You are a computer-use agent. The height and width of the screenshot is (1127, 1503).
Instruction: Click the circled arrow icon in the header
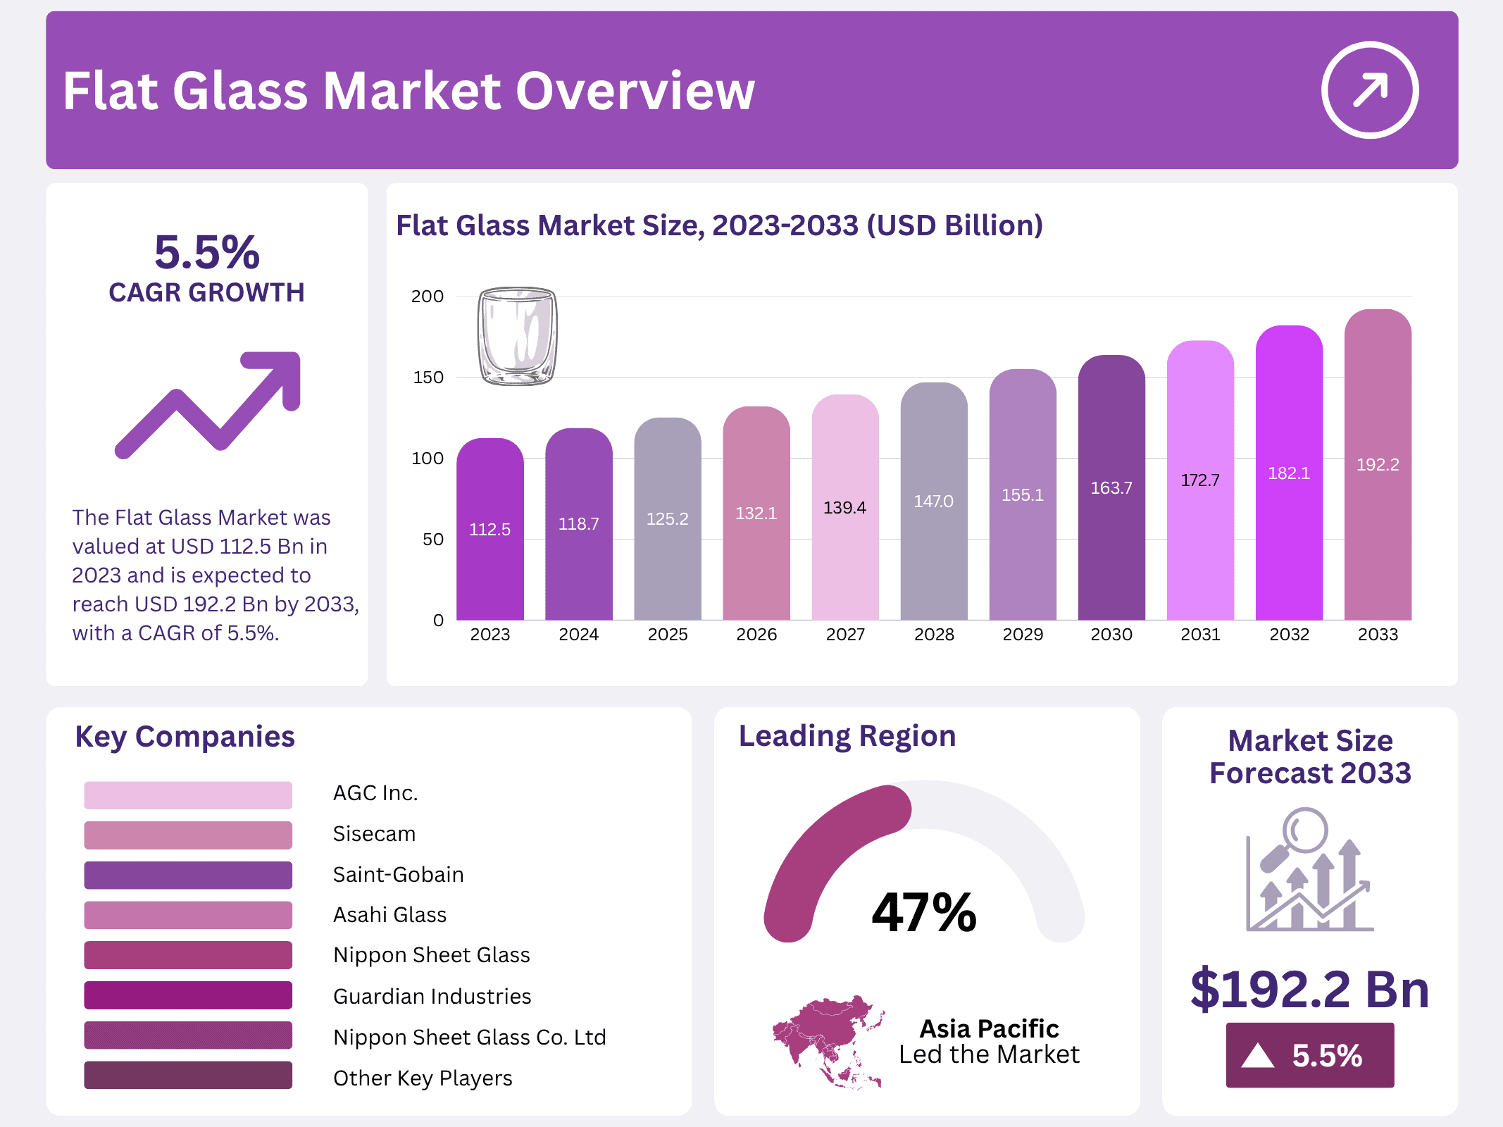[1369, 90]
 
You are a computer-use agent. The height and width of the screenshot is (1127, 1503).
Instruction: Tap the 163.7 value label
[1111, 488]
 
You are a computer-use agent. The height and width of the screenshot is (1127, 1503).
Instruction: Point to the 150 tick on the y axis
[428, 378]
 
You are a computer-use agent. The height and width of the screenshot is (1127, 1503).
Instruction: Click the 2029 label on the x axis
[1023, 635]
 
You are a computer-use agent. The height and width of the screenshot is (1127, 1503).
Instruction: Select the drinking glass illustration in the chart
[518, 336]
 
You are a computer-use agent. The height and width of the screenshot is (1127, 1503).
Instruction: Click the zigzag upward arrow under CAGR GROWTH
[208, 404]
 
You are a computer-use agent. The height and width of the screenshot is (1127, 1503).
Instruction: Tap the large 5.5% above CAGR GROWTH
[207, 252]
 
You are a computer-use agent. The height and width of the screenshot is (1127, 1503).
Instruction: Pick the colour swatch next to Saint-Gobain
[188, 875]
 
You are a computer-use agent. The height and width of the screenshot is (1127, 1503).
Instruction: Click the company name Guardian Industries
[432, 996]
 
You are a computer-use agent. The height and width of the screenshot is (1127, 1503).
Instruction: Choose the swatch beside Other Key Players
[188, 1076]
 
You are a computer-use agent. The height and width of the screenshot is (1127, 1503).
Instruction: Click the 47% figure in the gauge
[924, 913]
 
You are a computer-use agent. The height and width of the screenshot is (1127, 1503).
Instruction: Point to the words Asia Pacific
[989, 1028]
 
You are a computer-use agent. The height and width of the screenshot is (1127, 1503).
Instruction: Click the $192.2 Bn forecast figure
[1309, 989]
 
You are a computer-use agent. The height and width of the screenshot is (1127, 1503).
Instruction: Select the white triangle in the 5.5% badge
[1258, 1056]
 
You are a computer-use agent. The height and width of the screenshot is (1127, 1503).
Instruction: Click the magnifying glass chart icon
[1309, 871]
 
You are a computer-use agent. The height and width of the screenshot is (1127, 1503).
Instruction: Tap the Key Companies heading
[185, 737]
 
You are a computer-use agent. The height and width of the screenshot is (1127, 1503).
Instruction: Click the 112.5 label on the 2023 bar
[489, 530]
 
